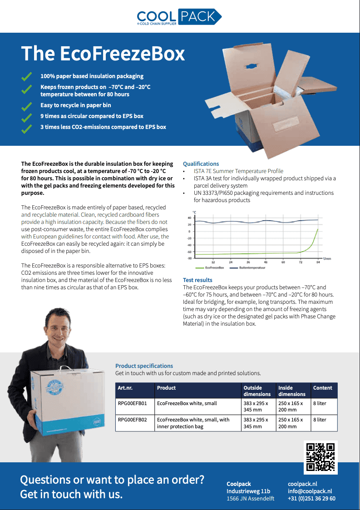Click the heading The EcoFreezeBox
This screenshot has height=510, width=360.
coord(103,54)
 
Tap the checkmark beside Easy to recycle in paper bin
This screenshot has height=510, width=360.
coord(27,105)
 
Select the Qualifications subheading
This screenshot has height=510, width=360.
coord(201,164)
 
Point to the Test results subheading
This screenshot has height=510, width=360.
coord(197,280)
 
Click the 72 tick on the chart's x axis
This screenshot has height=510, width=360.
coord(300,262)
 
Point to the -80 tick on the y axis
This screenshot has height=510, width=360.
coord(189,258)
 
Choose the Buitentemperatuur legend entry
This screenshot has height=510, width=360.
coord(250,268)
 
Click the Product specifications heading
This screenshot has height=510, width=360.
coord(144,366)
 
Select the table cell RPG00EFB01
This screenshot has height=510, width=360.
coord(132,403)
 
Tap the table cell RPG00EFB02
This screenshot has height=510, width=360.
coord(132,420)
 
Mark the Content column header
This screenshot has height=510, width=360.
coord(323,388)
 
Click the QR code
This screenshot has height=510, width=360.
coord(321,457)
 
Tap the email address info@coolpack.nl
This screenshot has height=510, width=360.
coord(310,491)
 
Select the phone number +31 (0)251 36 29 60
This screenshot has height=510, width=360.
coord(311,498)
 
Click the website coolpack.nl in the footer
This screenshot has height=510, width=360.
coord(302,484)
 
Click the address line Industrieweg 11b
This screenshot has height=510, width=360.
coord(248,491)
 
